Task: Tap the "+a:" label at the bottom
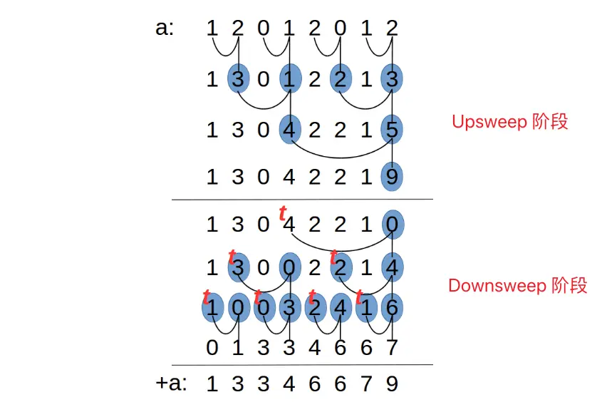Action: [171, 383]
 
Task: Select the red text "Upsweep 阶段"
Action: [509, 121]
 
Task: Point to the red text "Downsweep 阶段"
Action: [517, 286]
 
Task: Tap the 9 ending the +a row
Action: [392, 384]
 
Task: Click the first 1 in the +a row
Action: [212, 384]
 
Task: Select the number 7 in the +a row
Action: [366, 384]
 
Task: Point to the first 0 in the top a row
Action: [264, 29]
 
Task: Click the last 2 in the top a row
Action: [392, 29]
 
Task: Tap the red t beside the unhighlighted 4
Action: [283, 212]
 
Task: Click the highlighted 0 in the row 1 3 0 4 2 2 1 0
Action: [392, 225]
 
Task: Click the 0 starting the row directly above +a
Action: [212, 349]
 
